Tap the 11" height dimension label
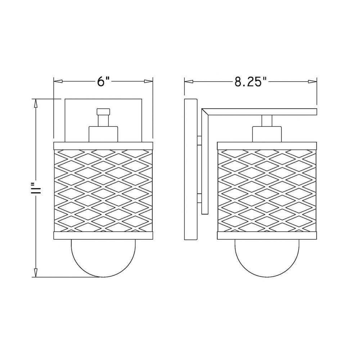coord(36,188)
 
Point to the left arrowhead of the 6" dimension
coord(58,81)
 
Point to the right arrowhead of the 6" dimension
coord(148,81)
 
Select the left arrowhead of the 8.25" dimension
coord(189,81)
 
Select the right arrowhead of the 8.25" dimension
coord(312,81)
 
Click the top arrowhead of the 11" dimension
coord(36,103)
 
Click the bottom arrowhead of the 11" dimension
coord(36,273)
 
